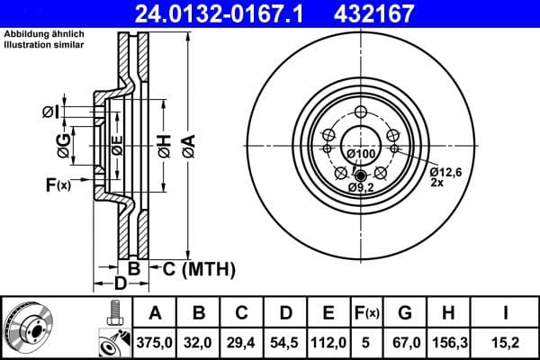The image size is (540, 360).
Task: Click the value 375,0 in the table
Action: coord(155,343)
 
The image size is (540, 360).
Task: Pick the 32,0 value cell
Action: coord(198,343)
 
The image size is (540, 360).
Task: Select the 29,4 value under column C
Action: coord(242,343)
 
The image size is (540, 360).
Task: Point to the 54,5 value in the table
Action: coord(285,343)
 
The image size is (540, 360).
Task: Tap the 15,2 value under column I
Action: coord(508,343)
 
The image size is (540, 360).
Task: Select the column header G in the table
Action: coord(405,313)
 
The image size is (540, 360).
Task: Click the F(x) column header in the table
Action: coord(366,313)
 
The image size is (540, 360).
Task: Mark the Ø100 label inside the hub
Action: coord(360,154)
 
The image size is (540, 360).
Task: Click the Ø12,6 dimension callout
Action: coord(445,171)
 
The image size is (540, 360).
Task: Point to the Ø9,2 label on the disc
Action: coord(362,187)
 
